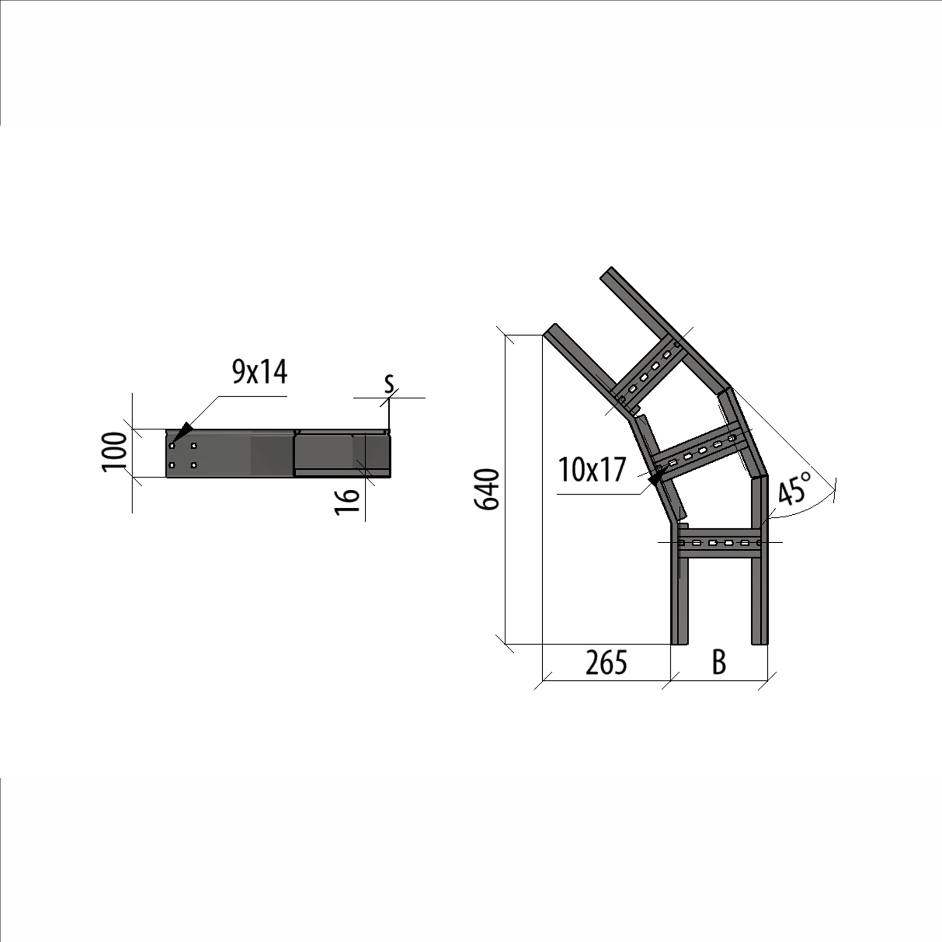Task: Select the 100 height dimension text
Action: point(114,452)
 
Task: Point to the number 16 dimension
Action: point(347,501)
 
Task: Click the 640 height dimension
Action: point(487,489)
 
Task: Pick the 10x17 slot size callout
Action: point(592,470)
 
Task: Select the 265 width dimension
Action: point(606,663)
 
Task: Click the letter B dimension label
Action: point(719,663)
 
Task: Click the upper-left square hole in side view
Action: point(172,446)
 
